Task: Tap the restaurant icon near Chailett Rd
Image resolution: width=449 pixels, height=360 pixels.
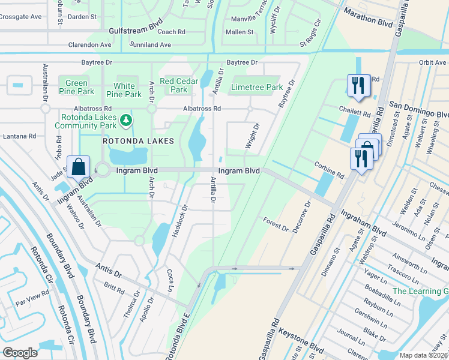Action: coord(358,85)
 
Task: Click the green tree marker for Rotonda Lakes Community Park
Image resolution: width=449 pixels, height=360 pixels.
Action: coord(126,121)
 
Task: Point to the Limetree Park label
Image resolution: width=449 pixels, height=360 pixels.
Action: coord(257,88)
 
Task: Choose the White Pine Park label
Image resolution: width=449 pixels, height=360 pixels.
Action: coord(124,90)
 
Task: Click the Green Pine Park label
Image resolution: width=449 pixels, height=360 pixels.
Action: coord(77,88)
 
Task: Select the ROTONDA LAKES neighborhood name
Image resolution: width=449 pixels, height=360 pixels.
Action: coord(138,141)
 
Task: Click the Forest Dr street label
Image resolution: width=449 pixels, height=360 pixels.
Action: coord(276,226)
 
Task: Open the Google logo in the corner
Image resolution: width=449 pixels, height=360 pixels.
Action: coord(20,353)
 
